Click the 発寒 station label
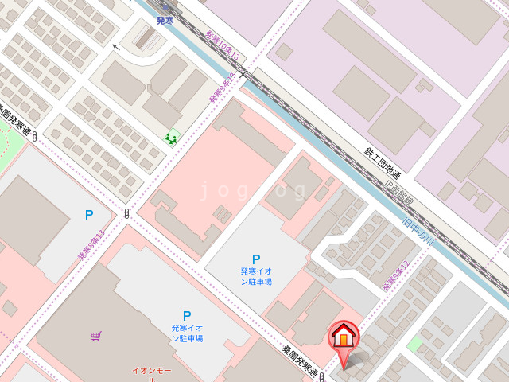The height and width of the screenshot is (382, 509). [165, 21]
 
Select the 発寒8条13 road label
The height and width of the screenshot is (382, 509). [91, 247]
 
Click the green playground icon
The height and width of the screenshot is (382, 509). [171, 138]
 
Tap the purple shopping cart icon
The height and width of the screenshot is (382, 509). [95, 336]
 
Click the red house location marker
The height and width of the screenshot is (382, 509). [344, 337]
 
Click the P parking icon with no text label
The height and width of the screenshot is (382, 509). [89, 214]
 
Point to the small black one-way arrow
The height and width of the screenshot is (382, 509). [116, 47]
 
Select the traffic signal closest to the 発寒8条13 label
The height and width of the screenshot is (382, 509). [127, 213]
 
